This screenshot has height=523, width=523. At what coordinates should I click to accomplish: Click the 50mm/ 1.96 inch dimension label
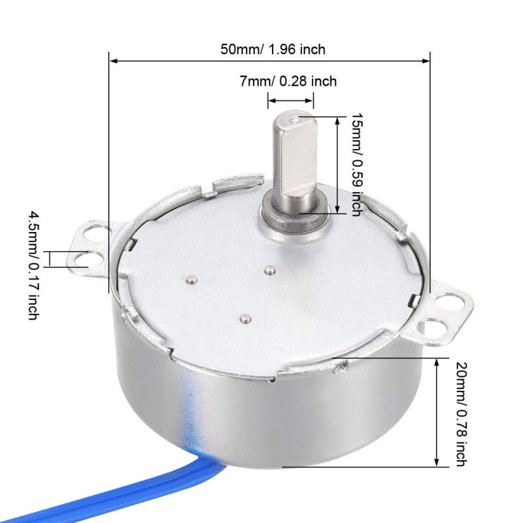(273, 50)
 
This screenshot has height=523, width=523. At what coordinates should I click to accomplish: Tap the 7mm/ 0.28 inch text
(288, 81)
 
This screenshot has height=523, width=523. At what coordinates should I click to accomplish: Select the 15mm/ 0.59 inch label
(356, 165)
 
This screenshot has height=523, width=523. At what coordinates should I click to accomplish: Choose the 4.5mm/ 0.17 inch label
(33, 265)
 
